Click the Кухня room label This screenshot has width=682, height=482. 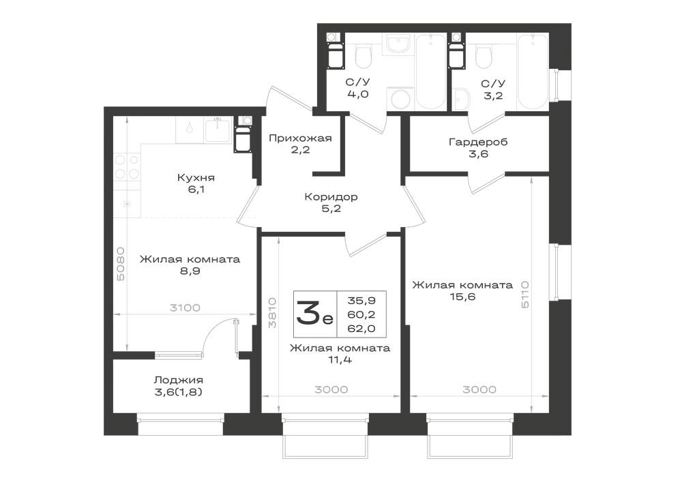pos(196,178)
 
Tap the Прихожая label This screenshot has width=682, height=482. pos(300,138)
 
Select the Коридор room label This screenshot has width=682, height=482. pos(331,197)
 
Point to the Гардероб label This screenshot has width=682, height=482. pos(478,142)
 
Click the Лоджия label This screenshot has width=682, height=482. pos(178,380)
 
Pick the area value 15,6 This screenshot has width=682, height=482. pos(463,297)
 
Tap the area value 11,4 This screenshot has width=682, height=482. pos(340,360)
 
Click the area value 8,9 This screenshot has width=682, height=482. pos(190,271)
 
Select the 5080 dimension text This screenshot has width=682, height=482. pos(121,264)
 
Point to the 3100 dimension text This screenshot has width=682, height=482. pos(185,307)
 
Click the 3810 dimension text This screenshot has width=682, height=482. pos(272,312)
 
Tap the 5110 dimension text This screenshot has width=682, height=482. pos(524,295)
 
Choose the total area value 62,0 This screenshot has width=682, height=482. pos(361,329)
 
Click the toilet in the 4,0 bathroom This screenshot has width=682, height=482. pos(364,57)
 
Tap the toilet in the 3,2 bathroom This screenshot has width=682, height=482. pos(484,57)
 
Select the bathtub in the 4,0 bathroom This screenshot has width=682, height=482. pos(431,72)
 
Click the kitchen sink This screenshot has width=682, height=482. pos(218,130)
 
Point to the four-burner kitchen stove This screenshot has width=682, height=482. pos(127,167)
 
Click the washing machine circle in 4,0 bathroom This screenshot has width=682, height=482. pos(400,99)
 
